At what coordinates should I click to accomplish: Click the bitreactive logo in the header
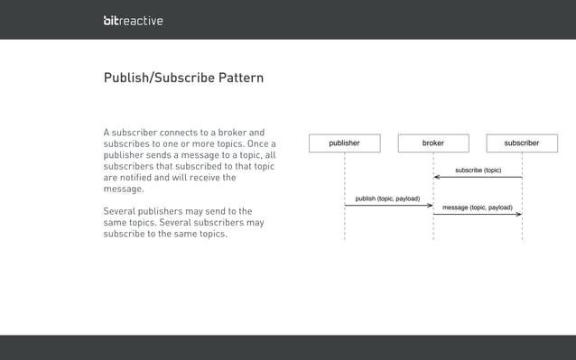pos(133,20)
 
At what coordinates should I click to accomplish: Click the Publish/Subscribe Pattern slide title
pos(183,78)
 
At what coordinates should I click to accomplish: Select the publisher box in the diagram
pos(344,143)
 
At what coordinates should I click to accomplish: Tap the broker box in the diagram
pos(433,143)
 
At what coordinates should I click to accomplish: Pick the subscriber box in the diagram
pos(522,143)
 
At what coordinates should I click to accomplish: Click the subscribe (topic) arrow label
pos(478,170)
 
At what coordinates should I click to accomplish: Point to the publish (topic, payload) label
pos(387,198)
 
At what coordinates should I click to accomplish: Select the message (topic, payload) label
pos(477,208)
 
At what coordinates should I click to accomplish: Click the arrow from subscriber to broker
pos(478,177)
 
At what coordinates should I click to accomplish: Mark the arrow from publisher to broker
pos(388,205)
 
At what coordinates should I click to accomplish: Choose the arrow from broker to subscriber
pos(478,215)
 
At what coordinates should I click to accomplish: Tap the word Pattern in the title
pos(239,78)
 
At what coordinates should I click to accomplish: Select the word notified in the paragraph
pos(138,178)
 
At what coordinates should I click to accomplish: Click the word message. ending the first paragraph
pos(125,189)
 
